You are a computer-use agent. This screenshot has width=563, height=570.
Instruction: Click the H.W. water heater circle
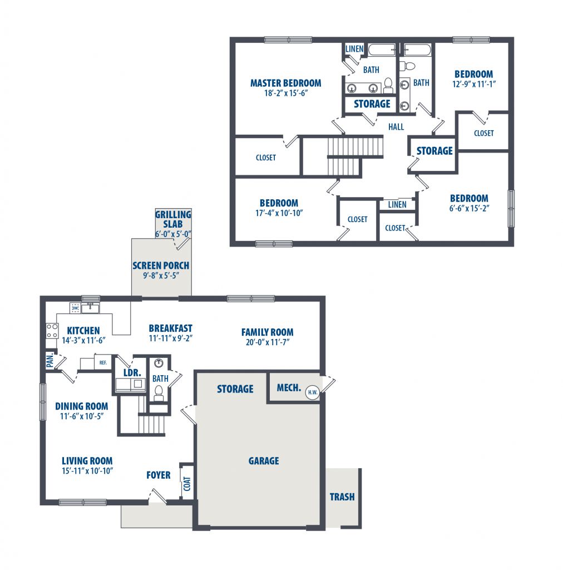click(312, 392)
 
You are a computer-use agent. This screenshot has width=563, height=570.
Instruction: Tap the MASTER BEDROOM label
click(285, 83)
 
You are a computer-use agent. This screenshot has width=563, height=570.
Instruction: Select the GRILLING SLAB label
click(173, 219)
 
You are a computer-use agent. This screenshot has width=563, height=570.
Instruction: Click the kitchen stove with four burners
click(52, 331)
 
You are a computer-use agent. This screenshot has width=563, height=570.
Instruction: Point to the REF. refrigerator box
click(103, 362)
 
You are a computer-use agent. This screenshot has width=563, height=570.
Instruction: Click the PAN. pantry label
click(50, 361)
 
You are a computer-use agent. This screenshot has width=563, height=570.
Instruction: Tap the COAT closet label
click(187, 484)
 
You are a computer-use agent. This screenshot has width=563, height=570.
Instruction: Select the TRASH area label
click(342, 497)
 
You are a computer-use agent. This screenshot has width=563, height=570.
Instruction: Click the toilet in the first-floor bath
click(159, 393)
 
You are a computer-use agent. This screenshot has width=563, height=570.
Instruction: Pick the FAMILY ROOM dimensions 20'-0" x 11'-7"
click(268, 342)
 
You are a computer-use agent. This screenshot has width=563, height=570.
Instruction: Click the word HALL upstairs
click(396, 127)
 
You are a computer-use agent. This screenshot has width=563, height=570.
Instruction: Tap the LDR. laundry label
click(132, 372)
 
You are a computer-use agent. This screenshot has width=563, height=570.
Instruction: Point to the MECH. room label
click(289, 388)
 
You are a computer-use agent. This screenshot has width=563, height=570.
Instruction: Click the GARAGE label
click(264, 461)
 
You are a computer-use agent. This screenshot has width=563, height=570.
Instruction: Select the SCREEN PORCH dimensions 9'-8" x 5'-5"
click(161, 276)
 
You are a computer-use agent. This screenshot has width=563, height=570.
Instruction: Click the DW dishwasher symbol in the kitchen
click(75, 308)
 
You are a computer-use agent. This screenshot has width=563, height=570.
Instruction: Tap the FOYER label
click(159, 475)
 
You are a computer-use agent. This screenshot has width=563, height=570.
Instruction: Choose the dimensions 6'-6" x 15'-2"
click(469, 208)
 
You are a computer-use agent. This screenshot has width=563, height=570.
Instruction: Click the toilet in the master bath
click(388, 85)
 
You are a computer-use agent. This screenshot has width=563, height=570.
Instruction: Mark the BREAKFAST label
click(170, 328)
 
